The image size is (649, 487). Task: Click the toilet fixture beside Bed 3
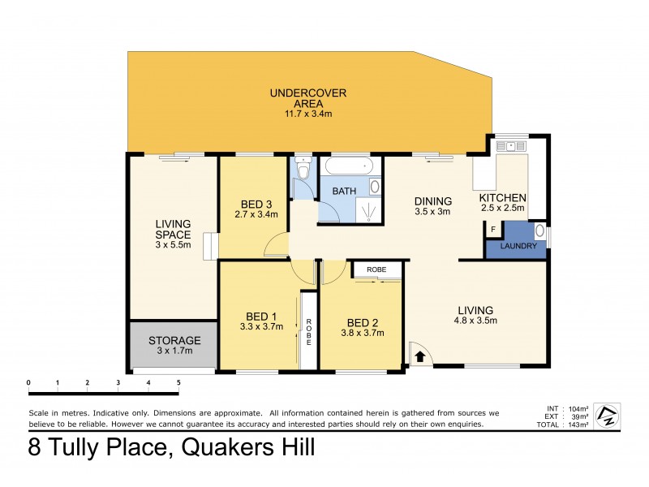pos(303,172)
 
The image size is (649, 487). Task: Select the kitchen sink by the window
pos(511,147)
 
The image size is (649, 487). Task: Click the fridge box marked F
pos(492,230)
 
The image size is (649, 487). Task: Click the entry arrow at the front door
pos(419,355)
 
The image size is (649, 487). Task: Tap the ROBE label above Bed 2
pos(376,269)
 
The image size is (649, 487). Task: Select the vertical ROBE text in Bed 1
pos(308,333)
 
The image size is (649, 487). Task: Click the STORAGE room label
pos(174,340)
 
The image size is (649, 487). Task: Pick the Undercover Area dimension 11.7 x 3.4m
pos(308,114)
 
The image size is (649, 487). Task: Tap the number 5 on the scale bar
pos(178,381)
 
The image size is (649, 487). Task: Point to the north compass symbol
pos(605,416)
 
